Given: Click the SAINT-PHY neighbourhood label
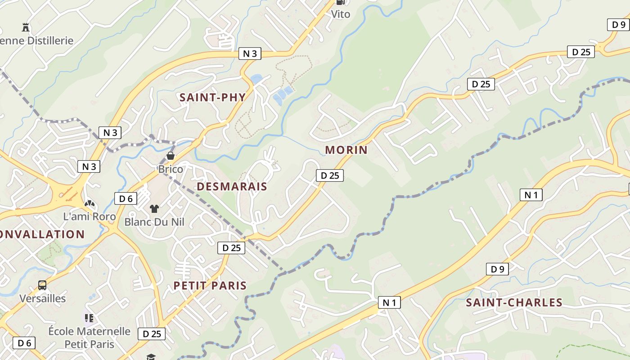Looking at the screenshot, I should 213,97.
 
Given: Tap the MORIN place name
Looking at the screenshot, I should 346,150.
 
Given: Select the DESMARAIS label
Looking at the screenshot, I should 232,186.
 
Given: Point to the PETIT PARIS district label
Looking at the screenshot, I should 210,285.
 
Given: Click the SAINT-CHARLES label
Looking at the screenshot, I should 514,302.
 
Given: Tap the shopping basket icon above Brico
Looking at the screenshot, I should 171,156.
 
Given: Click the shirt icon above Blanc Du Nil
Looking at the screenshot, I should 154,208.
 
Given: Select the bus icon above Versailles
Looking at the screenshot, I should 42,285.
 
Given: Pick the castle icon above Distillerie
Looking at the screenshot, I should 26,27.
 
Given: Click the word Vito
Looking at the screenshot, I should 341,14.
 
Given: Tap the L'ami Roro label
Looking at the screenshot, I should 90,216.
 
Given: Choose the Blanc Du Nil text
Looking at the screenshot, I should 154,222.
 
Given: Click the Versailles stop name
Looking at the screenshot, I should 42,298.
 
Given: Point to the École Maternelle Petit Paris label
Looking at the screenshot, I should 89,337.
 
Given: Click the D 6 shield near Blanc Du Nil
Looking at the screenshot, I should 126,198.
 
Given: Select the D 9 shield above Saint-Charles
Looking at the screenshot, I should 497,269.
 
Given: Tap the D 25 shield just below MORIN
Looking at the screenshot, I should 330,175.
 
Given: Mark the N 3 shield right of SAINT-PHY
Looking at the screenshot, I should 250,54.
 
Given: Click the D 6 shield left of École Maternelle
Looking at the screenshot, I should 24,343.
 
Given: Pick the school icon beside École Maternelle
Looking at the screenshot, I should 89,318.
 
